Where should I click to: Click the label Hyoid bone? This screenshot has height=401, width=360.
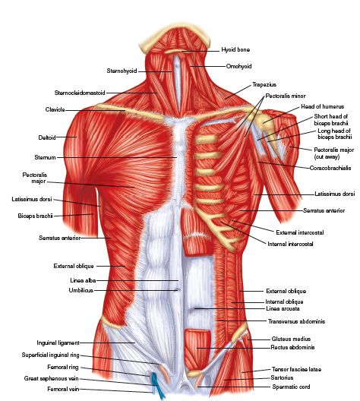coord(235,49)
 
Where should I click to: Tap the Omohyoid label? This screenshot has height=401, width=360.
coord(238,66)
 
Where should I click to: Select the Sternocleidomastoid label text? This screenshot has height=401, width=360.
coord(80,93)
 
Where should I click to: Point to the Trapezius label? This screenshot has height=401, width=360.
coord(264,84)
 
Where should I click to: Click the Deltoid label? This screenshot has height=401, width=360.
coord(47,137)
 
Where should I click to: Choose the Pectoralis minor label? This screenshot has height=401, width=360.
coord(286,96)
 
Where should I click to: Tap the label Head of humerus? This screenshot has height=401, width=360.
coord(323,106)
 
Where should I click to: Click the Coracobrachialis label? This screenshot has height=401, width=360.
coord(330,168)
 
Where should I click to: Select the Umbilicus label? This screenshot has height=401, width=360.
coord(81,290)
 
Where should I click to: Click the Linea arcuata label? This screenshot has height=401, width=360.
coord(283,308)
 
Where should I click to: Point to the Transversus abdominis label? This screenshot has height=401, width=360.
coord(297,321)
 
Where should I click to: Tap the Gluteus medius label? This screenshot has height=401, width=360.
coord(291,339)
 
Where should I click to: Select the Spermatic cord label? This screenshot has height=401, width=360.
coord(291,387)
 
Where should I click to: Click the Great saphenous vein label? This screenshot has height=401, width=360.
coord(52,378)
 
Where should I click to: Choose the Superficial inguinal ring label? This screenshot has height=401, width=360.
coord(51,355)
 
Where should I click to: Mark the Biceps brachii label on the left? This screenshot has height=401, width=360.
coord(35,216)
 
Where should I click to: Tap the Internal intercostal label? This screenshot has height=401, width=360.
coord(290,244)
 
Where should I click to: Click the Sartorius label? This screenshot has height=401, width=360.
coord(282,377)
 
